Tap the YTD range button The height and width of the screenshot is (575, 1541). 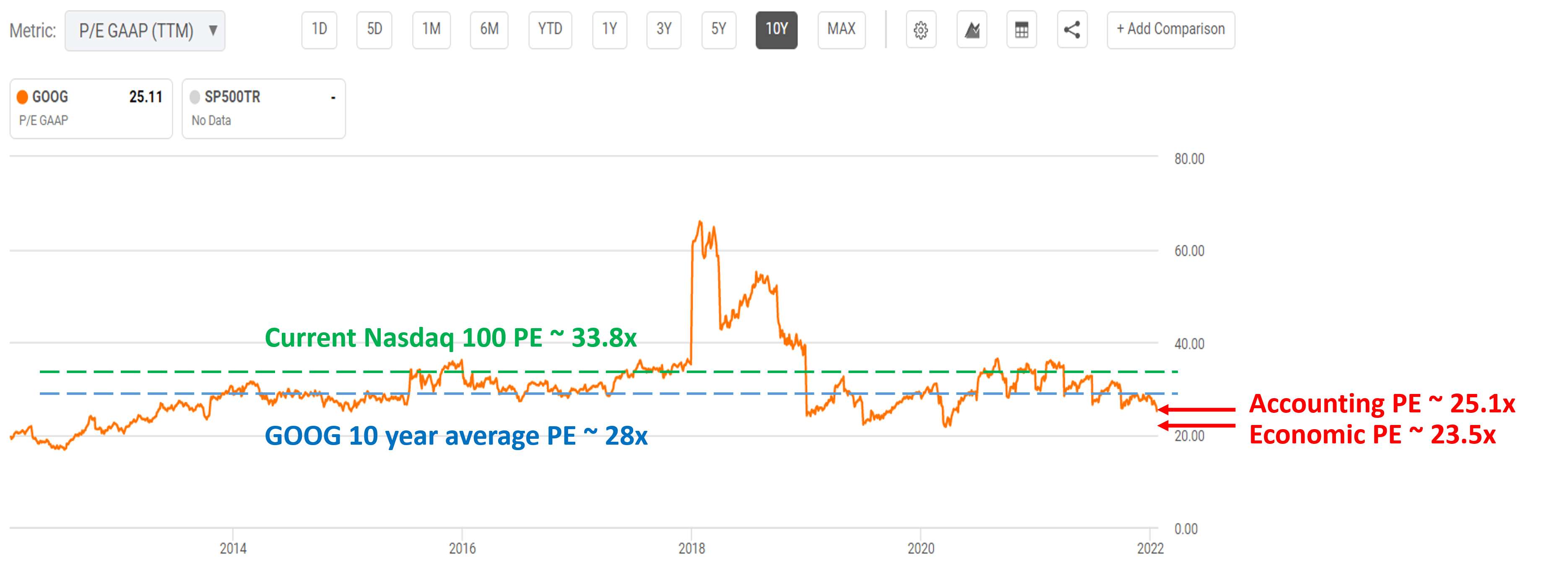tap(550, 29)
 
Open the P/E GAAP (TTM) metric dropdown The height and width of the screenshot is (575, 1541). tap(145, 31)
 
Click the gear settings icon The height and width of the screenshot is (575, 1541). tap(921, 30)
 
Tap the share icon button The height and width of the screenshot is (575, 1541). tap(1071, 30)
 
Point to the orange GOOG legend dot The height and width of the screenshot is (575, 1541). tap(23, 97)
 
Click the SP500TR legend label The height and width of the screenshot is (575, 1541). tap(232, 97)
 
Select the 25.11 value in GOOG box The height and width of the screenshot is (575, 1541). tap(146, 97)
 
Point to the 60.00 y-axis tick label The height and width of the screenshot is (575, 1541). tap(1189, 251)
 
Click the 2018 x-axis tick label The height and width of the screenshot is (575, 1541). tap(691, 548)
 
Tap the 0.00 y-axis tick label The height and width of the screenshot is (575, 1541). tap(1186, 529)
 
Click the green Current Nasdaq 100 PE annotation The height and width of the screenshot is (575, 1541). tap(450, 338)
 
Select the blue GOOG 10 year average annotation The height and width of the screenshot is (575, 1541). tap(456, 436)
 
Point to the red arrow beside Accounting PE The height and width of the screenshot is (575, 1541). tap(1196, 409)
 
